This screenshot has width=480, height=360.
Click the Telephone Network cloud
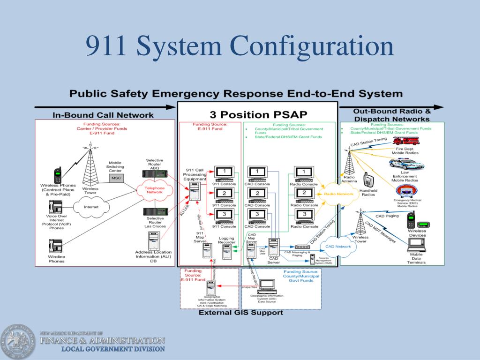[x=156, y=190]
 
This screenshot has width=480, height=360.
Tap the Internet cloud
[x=92, y=207]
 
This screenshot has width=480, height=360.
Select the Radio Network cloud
[x=338, y=194]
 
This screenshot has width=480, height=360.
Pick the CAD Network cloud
[x=338, y=246]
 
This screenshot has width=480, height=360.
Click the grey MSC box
[x=115, y=179]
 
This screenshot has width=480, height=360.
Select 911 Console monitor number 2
[x=225, y=193]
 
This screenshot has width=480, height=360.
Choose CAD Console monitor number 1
[x=257, y=172]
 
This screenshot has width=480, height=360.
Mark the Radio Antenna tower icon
[x=349, y=163]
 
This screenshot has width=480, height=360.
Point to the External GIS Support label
[x=241, y=312]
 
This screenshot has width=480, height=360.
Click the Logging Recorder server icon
[x=227, y=252]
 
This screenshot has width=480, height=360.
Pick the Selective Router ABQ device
[x=154, y=174]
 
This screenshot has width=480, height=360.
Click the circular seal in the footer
[x=17, y=341]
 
